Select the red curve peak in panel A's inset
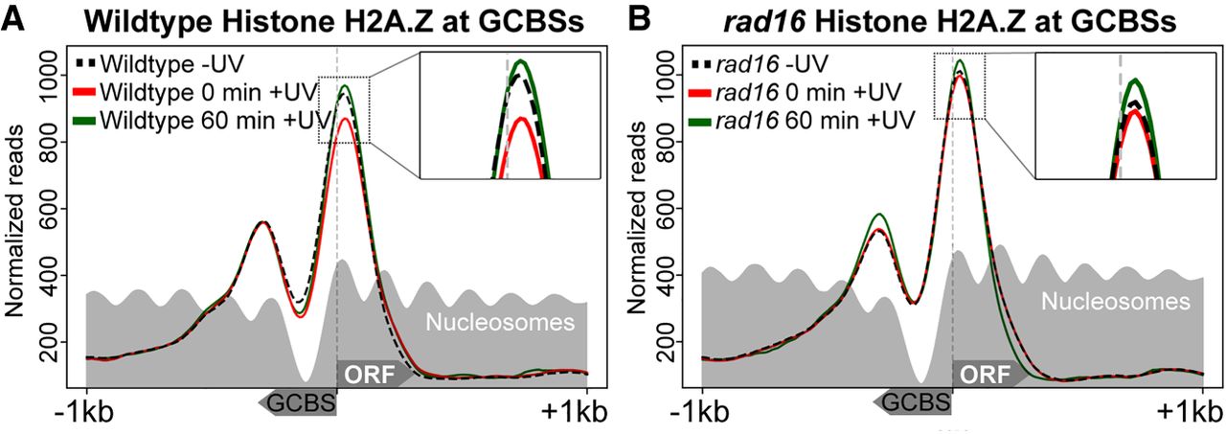click(519, 119)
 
